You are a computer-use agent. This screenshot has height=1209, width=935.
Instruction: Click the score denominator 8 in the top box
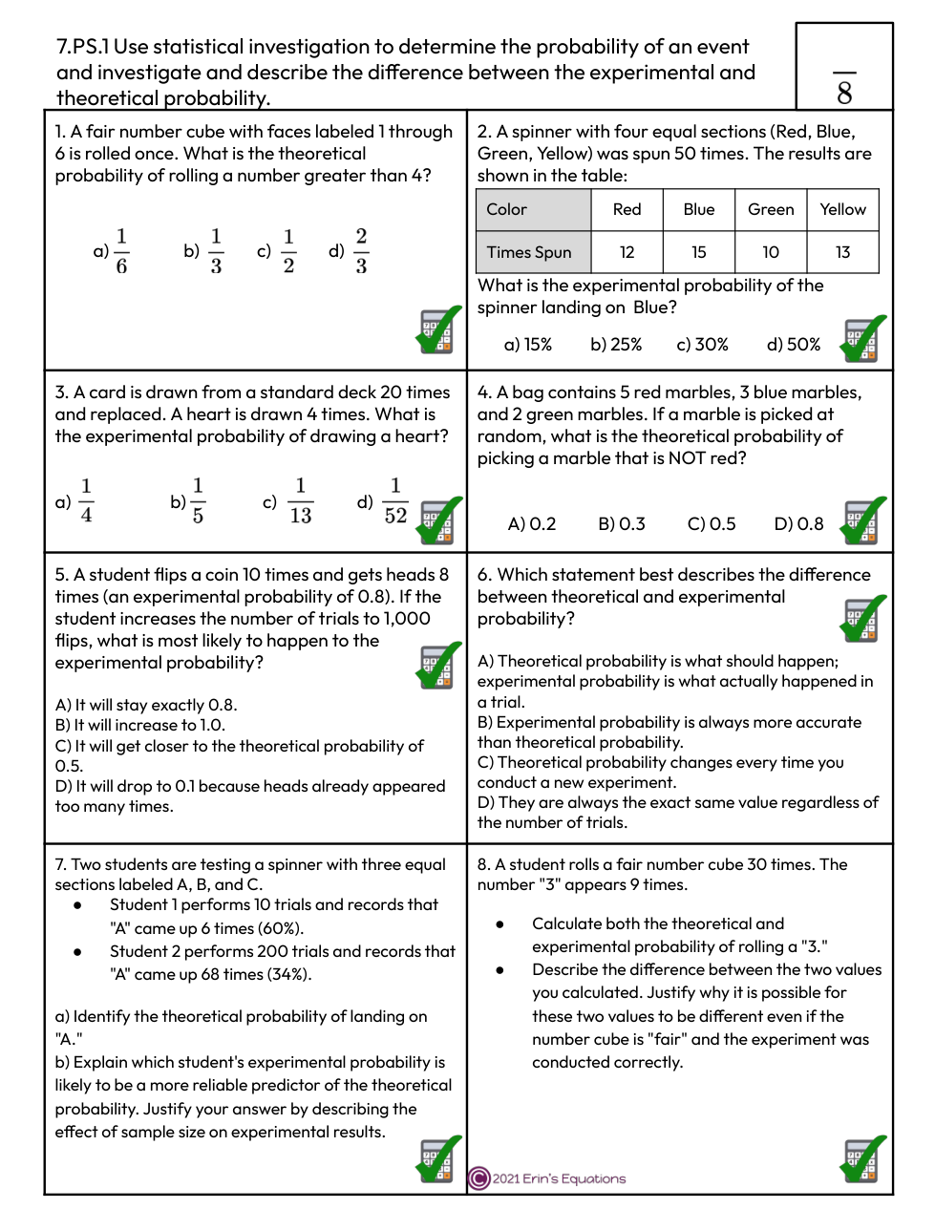(844, 93)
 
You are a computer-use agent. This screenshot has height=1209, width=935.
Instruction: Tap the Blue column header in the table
(699, 209)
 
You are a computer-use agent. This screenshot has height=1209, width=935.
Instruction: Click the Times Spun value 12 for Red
(627, 252)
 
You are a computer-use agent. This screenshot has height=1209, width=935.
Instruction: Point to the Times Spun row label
(529, 252)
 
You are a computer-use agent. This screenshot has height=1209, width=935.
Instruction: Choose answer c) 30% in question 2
(702, 345)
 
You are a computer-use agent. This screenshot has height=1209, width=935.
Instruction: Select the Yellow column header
(842, 209)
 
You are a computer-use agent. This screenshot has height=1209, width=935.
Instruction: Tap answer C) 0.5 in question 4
(712, 524)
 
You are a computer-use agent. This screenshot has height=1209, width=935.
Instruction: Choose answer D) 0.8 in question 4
(798, 524)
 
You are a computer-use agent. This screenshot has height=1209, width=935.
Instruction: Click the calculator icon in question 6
(862, 619)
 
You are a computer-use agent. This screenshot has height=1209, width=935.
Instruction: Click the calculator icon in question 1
(438, 330)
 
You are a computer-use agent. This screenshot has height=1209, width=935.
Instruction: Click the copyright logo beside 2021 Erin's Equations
(479, 1178)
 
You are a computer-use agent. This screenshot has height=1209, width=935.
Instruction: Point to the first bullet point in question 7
(77, 905)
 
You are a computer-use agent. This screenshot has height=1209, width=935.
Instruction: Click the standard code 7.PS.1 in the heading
(83, 47)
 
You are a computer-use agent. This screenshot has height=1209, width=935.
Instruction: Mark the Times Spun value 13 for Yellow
(842, 252)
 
